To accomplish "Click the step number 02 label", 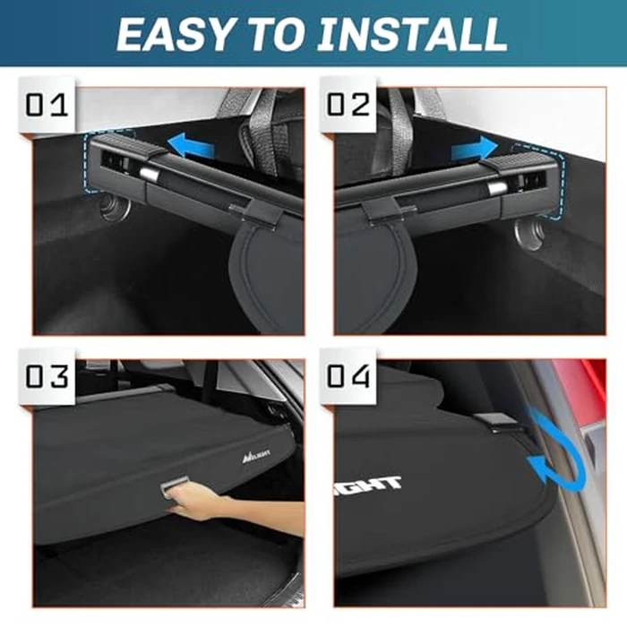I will pos(348,105).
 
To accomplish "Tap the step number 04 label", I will pos(348,375).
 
